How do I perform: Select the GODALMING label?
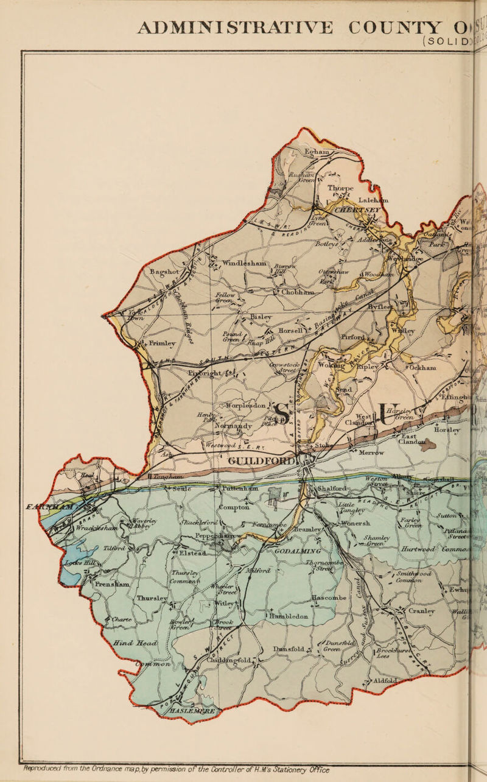tap(295, 551)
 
